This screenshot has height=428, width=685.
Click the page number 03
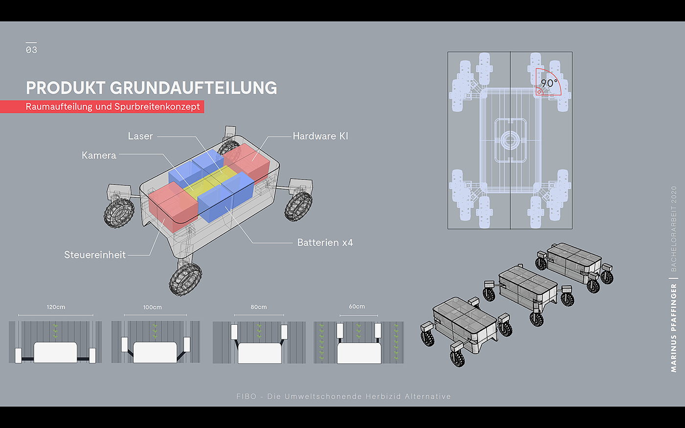coord(31,50)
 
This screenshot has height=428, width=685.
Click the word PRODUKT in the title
coord(66,88)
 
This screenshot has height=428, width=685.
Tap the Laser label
coord(140,136)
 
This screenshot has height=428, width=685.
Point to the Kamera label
coord(99,156)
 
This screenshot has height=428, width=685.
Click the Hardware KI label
coord(320,136)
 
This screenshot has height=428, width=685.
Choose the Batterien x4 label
coord(325,243)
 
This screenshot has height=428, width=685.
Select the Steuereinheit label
coord(95,255)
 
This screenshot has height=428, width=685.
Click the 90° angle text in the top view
coord(549,83)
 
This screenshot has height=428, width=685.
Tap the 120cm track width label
coord(56,307)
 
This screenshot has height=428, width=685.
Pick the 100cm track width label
coord(152,307)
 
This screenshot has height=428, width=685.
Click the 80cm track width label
coord(259,307)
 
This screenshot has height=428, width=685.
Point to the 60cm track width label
coord(357,307)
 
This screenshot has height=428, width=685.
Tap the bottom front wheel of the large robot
coord(185,279)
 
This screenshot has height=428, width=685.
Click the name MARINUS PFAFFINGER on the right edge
coord(674,328)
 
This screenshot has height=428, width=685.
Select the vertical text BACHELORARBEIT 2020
coord(674,228)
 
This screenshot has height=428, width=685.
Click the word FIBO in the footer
coord(246,397)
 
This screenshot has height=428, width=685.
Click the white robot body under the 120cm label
coord(55,352)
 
